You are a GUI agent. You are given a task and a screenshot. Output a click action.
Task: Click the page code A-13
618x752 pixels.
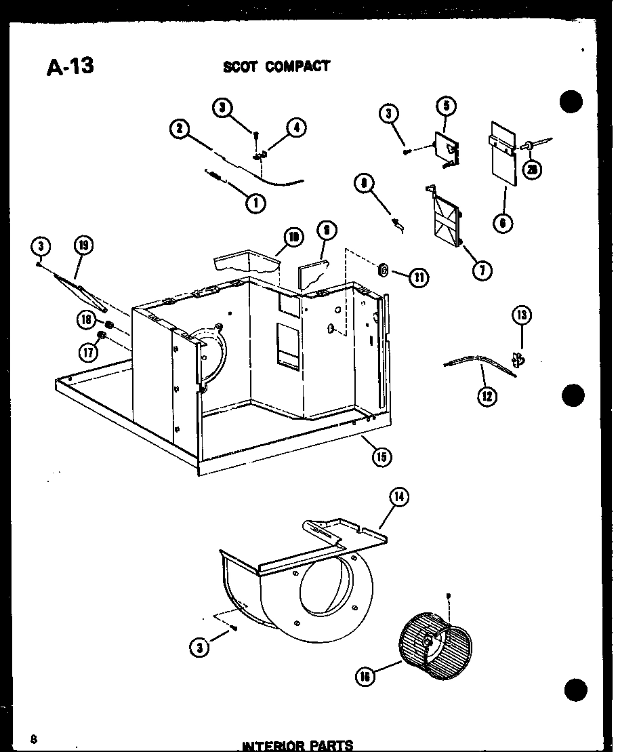tap(70, 66)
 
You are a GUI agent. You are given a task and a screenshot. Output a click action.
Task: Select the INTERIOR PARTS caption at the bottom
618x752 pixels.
tap(297, 745)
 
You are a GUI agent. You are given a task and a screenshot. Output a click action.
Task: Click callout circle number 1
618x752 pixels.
tap(256, 202)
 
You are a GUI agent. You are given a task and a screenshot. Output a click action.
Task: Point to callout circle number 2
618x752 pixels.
tap(180, 129)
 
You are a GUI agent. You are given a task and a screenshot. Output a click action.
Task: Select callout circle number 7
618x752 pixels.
tap(482, 271)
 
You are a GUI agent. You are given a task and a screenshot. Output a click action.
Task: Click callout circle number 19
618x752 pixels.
tap(85, 246)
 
